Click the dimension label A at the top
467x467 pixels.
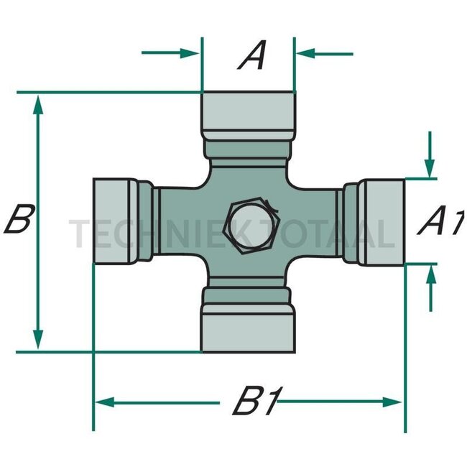click(x=252, y=56)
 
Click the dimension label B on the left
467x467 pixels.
click(x=18, y=219)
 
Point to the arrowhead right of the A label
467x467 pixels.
click(x=303, y=53)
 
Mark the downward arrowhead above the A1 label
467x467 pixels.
click(x=429, y=169)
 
